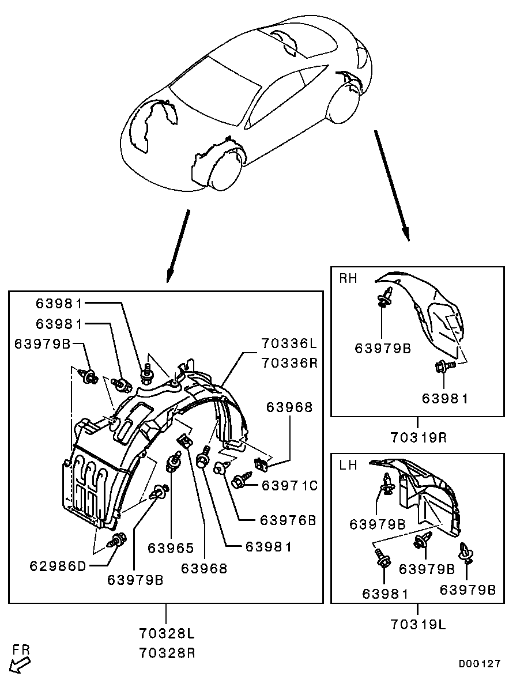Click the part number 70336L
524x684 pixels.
288,345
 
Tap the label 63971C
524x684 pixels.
289,486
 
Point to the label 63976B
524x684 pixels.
288,520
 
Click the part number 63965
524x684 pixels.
171,548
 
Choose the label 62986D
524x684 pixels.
58,566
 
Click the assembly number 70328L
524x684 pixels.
167,634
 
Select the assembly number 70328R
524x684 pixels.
167,653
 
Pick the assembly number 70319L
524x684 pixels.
419,623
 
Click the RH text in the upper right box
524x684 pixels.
348,279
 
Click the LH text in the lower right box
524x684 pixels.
347,465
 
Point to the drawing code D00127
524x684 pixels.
480,664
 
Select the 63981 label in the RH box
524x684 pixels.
446,398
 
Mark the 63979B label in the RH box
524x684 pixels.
383,348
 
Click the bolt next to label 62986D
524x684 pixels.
117,541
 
